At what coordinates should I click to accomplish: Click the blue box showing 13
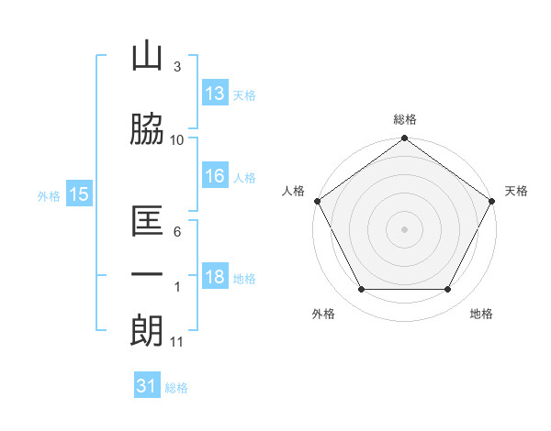point(214,94)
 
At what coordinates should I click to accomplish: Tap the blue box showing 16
point(214,176)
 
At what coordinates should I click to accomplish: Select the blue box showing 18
point(214,278)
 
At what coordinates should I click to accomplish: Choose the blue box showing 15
point(78,194)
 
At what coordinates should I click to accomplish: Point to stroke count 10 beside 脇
point(177,139)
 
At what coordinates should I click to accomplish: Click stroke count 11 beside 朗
point(177,342)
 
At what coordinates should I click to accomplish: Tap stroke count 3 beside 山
point(176,67)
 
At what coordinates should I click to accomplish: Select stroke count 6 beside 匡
point(176,233)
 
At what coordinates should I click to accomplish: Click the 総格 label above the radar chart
point(404,119)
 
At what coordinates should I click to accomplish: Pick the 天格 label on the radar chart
point(516,191)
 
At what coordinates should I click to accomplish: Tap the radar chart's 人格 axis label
point(293,191)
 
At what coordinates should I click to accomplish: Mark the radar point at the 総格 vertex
point(404,139)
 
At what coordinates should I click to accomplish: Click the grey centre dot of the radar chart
point(404,228)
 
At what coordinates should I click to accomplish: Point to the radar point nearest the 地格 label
point(448,290)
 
